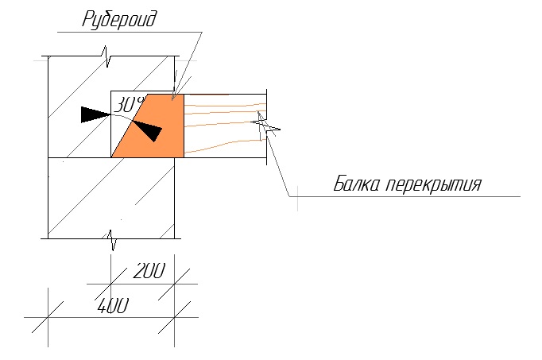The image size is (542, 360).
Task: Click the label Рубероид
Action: click(119, 19)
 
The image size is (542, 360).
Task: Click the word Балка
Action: click(356, 184)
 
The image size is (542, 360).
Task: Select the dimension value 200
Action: click(149, 271)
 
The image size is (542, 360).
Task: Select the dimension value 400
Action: click(113, 306)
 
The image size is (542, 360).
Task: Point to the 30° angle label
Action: click(127, 105)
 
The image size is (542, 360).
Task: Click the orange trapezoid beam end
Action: click(152, 126)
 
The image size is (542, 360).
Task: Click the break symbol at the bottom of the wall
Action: click(111, 239)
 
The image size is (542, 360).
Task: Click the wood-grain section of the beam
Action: click(225, 126)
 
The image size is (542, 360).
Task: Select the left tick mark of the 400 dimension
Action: click(48, 317)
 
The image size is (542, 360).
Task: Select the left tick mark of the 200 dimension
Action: click(111, 284)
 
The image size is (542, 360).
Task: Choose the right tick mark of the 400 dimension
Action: click(175, 317)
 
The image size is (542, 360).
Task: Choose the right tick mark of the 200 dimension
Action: click(175, 284)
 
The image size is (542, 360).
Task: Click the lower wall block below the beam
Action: click(111, 198)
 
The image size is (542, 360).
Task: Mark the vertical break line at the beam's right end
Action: click(266, 126)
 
